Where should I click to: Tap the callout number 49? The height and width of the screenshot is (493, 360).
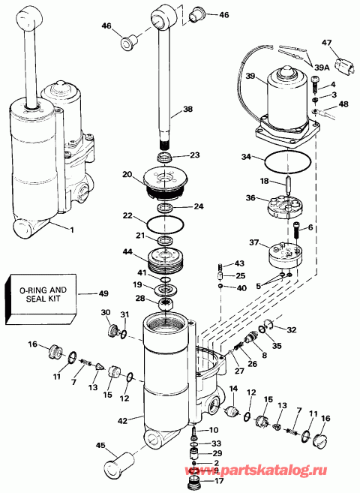103,293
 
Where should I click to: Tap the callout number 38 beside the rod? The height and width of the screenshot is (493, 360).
187,109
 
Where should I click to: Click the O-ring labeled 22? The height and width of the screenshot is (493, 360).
163,223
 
